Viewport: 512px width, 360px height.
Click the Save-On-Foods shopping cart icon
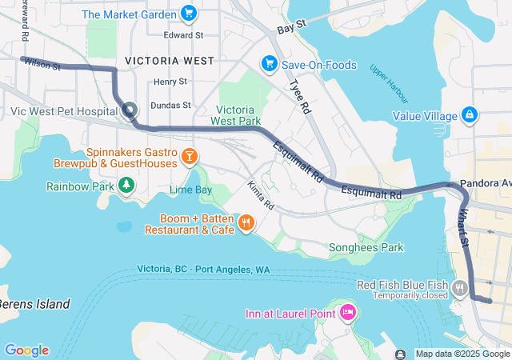point(269,63)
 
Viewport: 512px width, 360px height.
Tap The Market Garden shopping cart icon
point(189,13)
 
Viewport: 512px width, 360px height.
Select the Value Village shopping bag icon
point(469,115)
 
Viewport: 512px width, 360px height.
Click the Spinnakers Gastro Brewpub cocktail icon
point(190,155)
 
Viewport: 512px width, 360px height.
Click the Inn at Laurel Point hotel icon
point(347,312)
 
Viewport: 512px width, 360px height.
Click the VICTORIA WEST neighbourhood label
point(170,61)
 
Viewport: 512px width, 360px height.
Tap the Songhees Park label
point(366,248)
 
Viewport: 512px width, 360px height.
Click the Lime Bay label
point(190,190)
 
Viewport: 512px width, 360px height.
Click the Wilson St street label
point(42,63)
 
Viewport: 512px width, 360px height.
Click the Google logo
point(26,350)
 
